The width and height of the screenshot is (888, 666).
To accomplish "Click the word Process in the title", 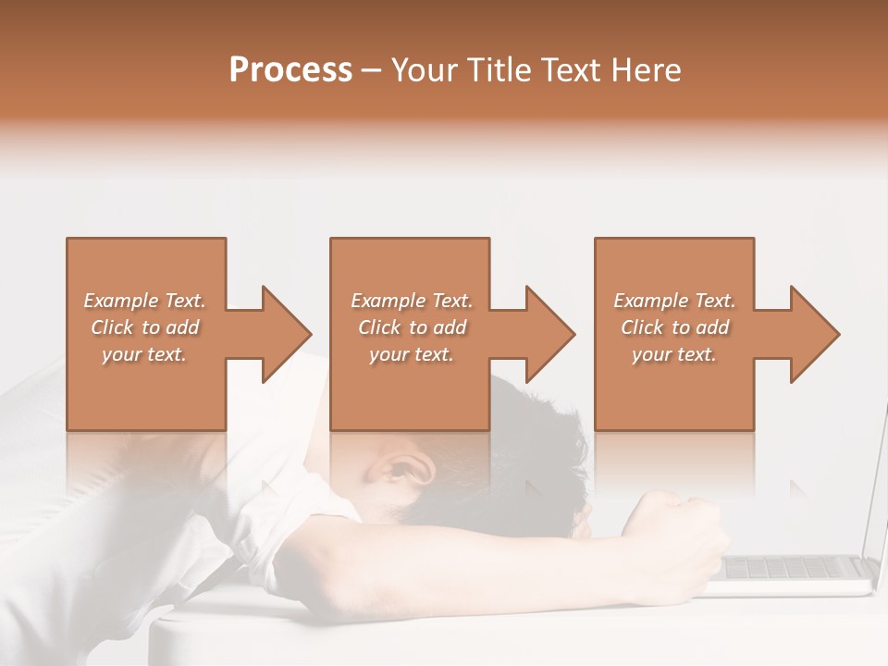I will (x=290, y=70).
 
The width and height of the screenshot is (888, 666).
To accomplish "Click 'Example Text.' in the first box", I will (x=144, y=301).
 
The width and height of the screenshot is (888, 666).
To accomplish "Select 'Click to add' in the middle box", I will (x=412, y=327).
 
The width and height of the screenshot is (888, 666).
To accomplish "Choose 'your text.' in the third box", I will (x=674, y=354).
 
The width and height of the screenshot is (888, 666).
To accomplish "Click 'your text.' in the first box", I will (x=144, y=354).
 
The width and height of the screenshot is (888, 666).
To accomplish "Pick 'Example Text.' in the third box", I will (x=674, y=301).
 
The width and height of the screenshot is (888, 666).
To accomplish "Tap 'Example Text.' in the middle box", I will (x=412, y=301).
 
